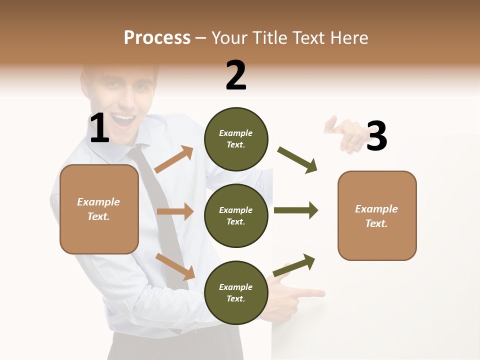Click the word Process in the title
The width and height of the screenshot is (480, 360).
pos(157,38)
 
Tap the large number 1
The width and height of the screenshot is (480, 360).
pos(99,128)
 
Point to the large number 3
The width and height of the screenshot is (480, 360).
pos(376,136)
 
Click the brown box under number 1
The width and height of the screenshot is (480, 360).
pos(99,209)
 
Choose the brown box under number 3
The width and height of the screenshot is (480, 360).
pos(377,215)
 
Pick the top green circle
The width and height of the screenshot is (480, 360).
pos(235,138)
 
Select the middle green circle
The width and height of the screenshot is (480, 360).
pos(235,215)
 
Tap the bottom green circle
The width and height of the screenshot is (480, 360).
pos(235,292)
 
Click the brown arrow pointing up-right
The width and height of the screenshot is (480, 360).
pos(174,159)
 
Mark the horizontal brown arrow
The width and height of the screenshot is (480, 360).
pos(175,211)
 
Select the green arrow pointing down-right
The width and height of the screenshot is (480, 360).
pos(297,160)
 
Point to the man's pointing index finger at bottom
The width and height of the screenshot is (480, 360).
pos(310,293)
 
